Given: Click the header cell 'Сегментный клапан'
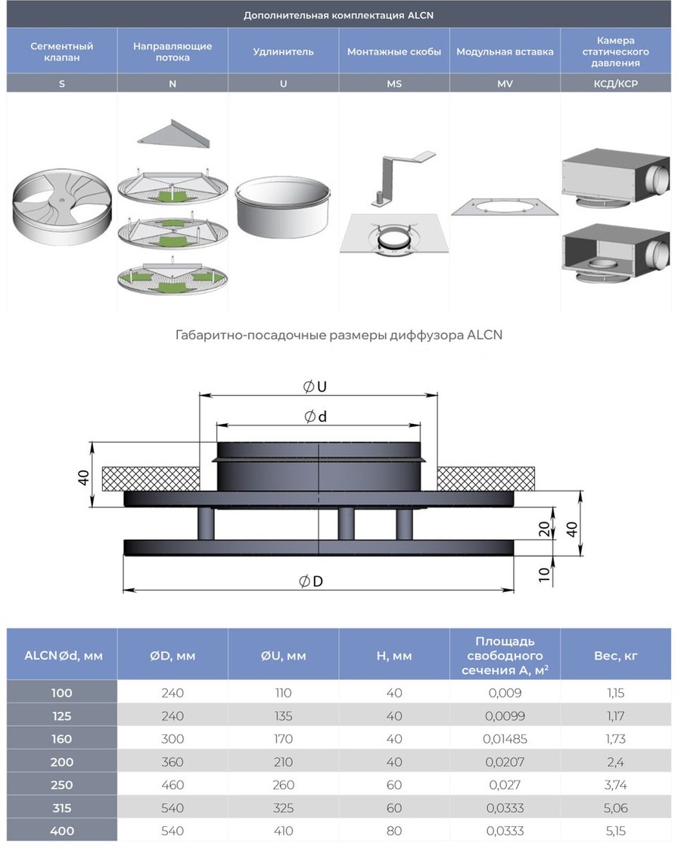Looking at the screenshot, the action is (x=61, y=51).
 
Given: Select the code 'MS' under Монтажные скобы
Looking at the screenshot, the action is (x=394, y=83).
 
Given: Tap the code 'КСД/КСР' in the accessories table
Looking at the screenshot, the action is (x=616, y=83).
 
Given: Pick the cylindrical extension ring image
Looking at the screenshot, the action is (x=283, y=209).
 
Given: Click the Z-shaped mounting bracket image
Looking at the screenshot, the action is (x=401, y=178).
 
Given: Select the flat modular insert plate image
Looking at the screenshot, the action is (x=505, y=207).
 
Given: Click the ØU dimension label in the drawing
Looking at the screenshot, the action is (x=315, y=387).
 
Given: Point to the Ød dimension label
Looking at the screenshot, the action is (x=316, y=416).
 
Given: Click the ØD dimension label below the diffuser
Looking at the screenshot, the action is (x=311, y=581).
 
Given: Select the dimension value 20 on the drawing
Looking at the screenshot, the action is (x=544, y=528).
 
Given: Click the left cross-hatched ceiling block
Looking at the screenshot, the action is (x=151, y=479).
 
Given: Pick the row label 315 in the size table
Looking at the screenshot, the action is (x=61, y=808).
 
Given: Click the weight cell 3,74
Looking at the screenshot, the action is (x=616, y=784).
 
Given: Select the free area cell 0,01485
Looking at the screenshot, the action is (x=505, y=739).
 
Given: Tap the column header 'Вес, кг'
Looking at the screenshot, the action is (x=616, y=656).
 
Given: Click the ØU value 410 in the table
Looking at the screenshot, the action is (x=283, y=831).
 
